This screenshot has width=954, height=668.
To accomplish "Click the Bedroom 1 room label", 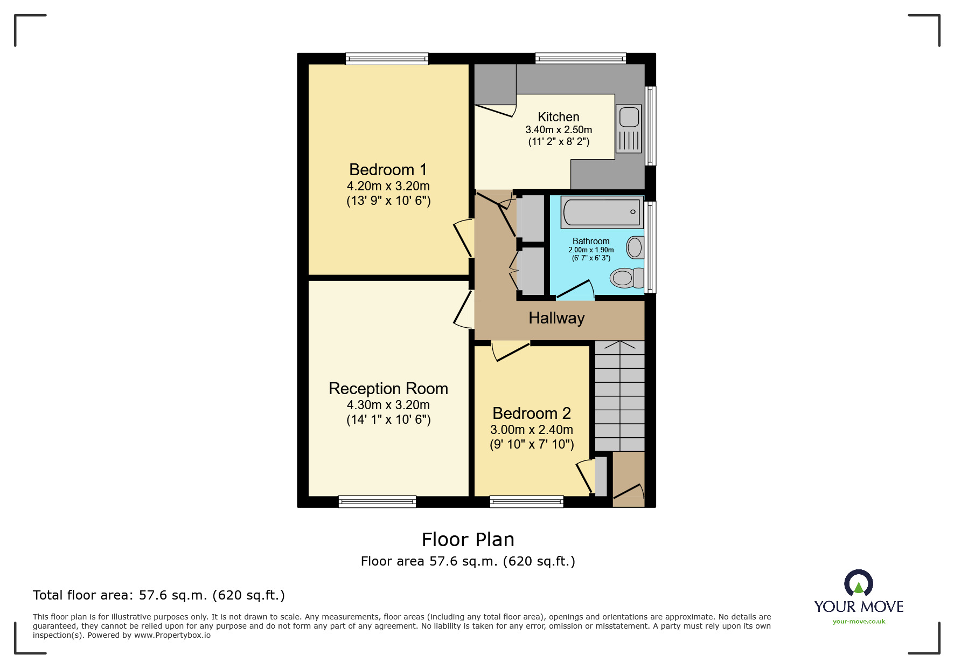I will click(x=388, y=170).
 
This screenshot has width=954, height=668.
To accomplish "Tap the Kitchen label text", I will click(x=558, y=117).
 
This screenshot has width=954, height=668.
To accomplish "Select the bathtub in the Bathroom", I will click(x=601, y=212).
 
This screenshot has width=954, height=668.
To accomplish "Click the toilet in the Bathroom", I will click(x=626, y=278).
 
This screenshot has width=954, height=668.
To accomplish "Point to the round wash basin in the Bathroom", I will click(x=635, y=247).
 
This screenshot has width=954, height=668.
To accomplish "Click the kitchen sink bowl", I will click(x=629, y=117).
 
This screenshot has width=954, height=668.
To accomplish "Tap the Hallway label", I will click(x=556, y=318).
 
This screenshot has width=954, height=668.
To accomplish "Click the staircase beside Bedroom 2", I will click(x=619, y=396).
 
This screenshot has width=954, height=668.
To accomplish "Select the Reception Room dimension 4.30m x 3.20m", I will click(x=388, y=405).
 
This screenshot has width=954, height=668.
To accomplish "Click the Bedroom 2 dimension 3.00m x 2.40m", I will click(x=531, y=430).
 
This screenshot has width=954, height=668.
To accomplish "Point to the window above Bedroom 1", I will click(x=387, y=59).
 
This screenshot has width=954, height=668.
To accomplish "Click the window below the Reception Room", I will click(x=377, y=502).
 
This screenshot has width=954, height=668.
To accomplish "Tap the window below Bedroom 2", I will click(x=526, y=502).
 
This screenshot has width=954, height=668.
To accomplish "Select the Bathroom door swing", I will click(x=576, y=290).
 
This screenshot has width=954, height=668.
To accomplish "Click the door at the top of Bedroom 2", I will click(x=510, y=350).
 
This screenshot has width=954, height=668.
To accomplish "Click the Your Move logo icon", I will click(x=858, y=583).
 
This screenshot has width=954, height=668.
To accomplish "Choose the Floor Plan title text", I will click(x=468, y=540).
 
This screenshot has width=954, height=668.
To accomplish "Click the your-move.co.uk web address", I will click(x=859, y=622).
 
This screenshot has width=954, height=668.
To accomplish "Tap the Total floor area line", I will click(x=158, y=595).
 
